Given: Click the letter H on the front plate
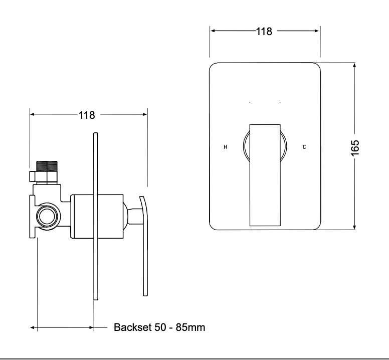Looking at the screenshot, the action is coord(225,147).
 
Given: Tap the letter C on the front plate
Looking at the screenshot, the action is coord(304,147).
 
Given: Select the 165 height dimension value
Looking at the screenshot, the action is coord(355,148).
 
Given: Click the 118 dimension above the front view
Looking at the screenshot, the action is coord(264,32).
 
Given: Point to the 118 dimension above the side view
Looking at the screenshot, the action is coord(87,115).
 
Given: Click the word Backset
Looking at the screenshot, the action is coord(132,327).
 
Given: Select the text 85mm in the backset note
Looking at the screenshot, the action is coord(190,327).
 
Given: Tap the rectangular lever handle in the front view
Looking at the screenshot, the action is coord(265,175).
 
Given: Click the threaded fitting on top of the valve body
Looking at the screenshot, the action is coord(47,172).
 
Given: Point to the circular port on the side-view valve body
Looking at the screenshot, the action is coord(47,216).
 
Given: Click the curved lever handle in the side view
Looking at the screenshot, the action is coord(144,246).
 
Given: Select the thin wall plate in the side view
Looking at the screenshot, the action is coord(96,216).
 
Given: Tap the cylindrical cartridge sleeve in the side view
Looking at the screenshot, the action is coord(97,216).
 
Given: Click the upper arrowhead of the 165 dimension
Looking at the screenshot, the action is coord(354,65).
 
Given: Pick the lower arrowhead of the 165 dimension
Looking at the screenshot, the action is coord(354,227).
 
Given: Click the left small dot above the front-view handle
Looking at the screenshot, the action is coord(250,102).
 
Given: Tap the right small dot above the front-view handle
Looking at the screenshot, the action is coord(280,102).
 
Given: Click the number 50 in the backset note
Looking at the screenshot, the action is coord(160,327).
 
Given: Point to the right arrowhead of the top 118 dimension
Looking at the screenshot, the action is coord(316,31).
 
